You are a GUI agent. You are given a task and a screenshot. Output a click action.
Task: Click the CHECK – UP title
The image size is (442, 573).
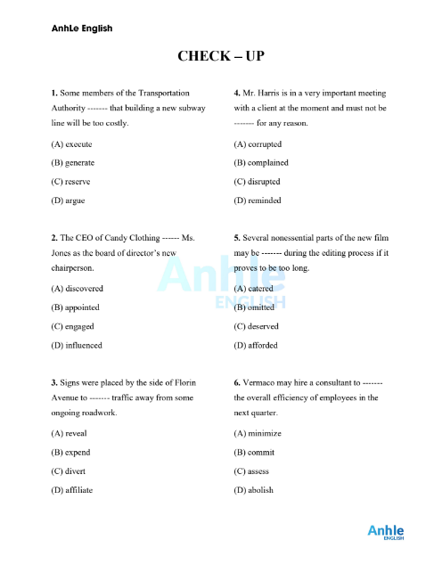[x=221, y=56]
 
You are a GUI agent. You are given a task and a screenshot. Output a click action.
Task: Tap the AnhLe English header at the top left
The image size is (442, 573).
[x=82, y=29]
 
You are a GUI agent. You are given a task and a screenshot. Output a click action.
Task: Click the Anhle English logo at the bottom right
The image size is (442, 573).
[x=386, y=534]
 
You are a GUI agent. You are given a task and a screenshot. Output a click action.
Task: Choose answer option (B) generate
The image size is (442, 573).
[x=73, y=162]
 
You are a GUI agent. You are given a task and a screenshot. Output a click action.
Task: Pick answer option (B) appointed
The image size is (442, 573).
[x=76, y=307]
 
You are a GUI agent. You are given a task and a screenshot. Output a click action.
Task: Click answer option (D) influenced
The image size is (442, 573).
[x=77, y=345]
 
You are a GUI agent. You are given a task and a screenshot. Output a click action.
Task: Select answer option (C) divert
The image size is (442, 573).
[x=70, y=471]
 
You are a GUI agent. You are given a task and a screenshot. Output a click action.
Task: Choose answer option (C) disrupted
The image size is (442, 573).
[x=258, y=182]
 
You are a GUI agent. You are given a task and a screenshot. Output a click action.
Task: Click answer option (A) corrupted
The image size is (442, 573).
[x=258, y=143]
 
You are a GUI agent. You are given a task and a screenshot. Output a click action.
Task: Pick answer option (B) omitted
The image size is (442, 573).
[x=255, y=307]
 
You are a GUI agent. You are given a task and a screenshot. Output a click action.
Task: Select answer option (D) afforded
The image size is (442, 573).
[x=256, y=345]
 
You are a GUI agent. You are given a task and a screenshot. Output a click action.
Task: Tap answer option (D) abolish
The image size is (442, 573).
[x=254, y=490]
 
